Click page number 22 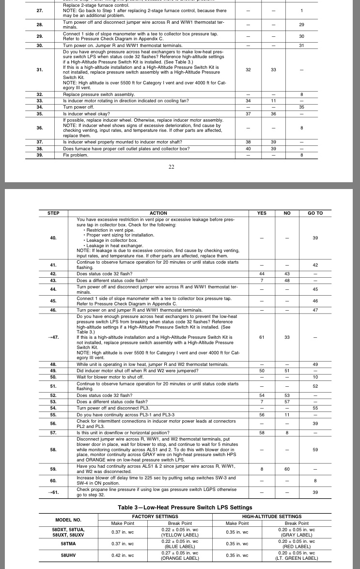pyautogui.click(x=171, y=167)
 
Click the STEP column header pyautogui.click(x=53, y=213)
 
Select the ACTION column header pyautogui.click(x=158, y=213)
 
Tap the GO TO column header pyautogui.click(x=315, y=213)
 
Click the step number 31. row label pyautogui.click(x=39, y=70)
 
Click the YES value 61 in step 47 pyautogui.click(x=262, y=337)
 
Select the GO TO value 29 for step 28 pyautogui.click(x=301, y=24)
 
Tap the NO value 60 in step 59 pyautogui.click(x=287, y=469)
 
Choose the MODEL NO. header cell pyautogui.click(x=68, y=520)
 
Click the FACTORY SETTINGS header pyautogui.click(x=155, y=517)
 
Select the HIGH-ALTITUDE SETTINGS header pyautogui.click(x=272, y=517)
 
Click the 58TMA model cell pyautogui.click(x=68, y=544)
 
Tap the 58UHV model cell pyautogui.click(x=68, y=555)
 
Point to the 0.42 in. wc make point pyautogui.click(x=123, y=555)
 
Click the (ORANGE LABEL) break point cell pyautogui.click(x=180, y=558)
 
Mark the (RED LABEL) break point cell pyautogui.click(x=296, y=547)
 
